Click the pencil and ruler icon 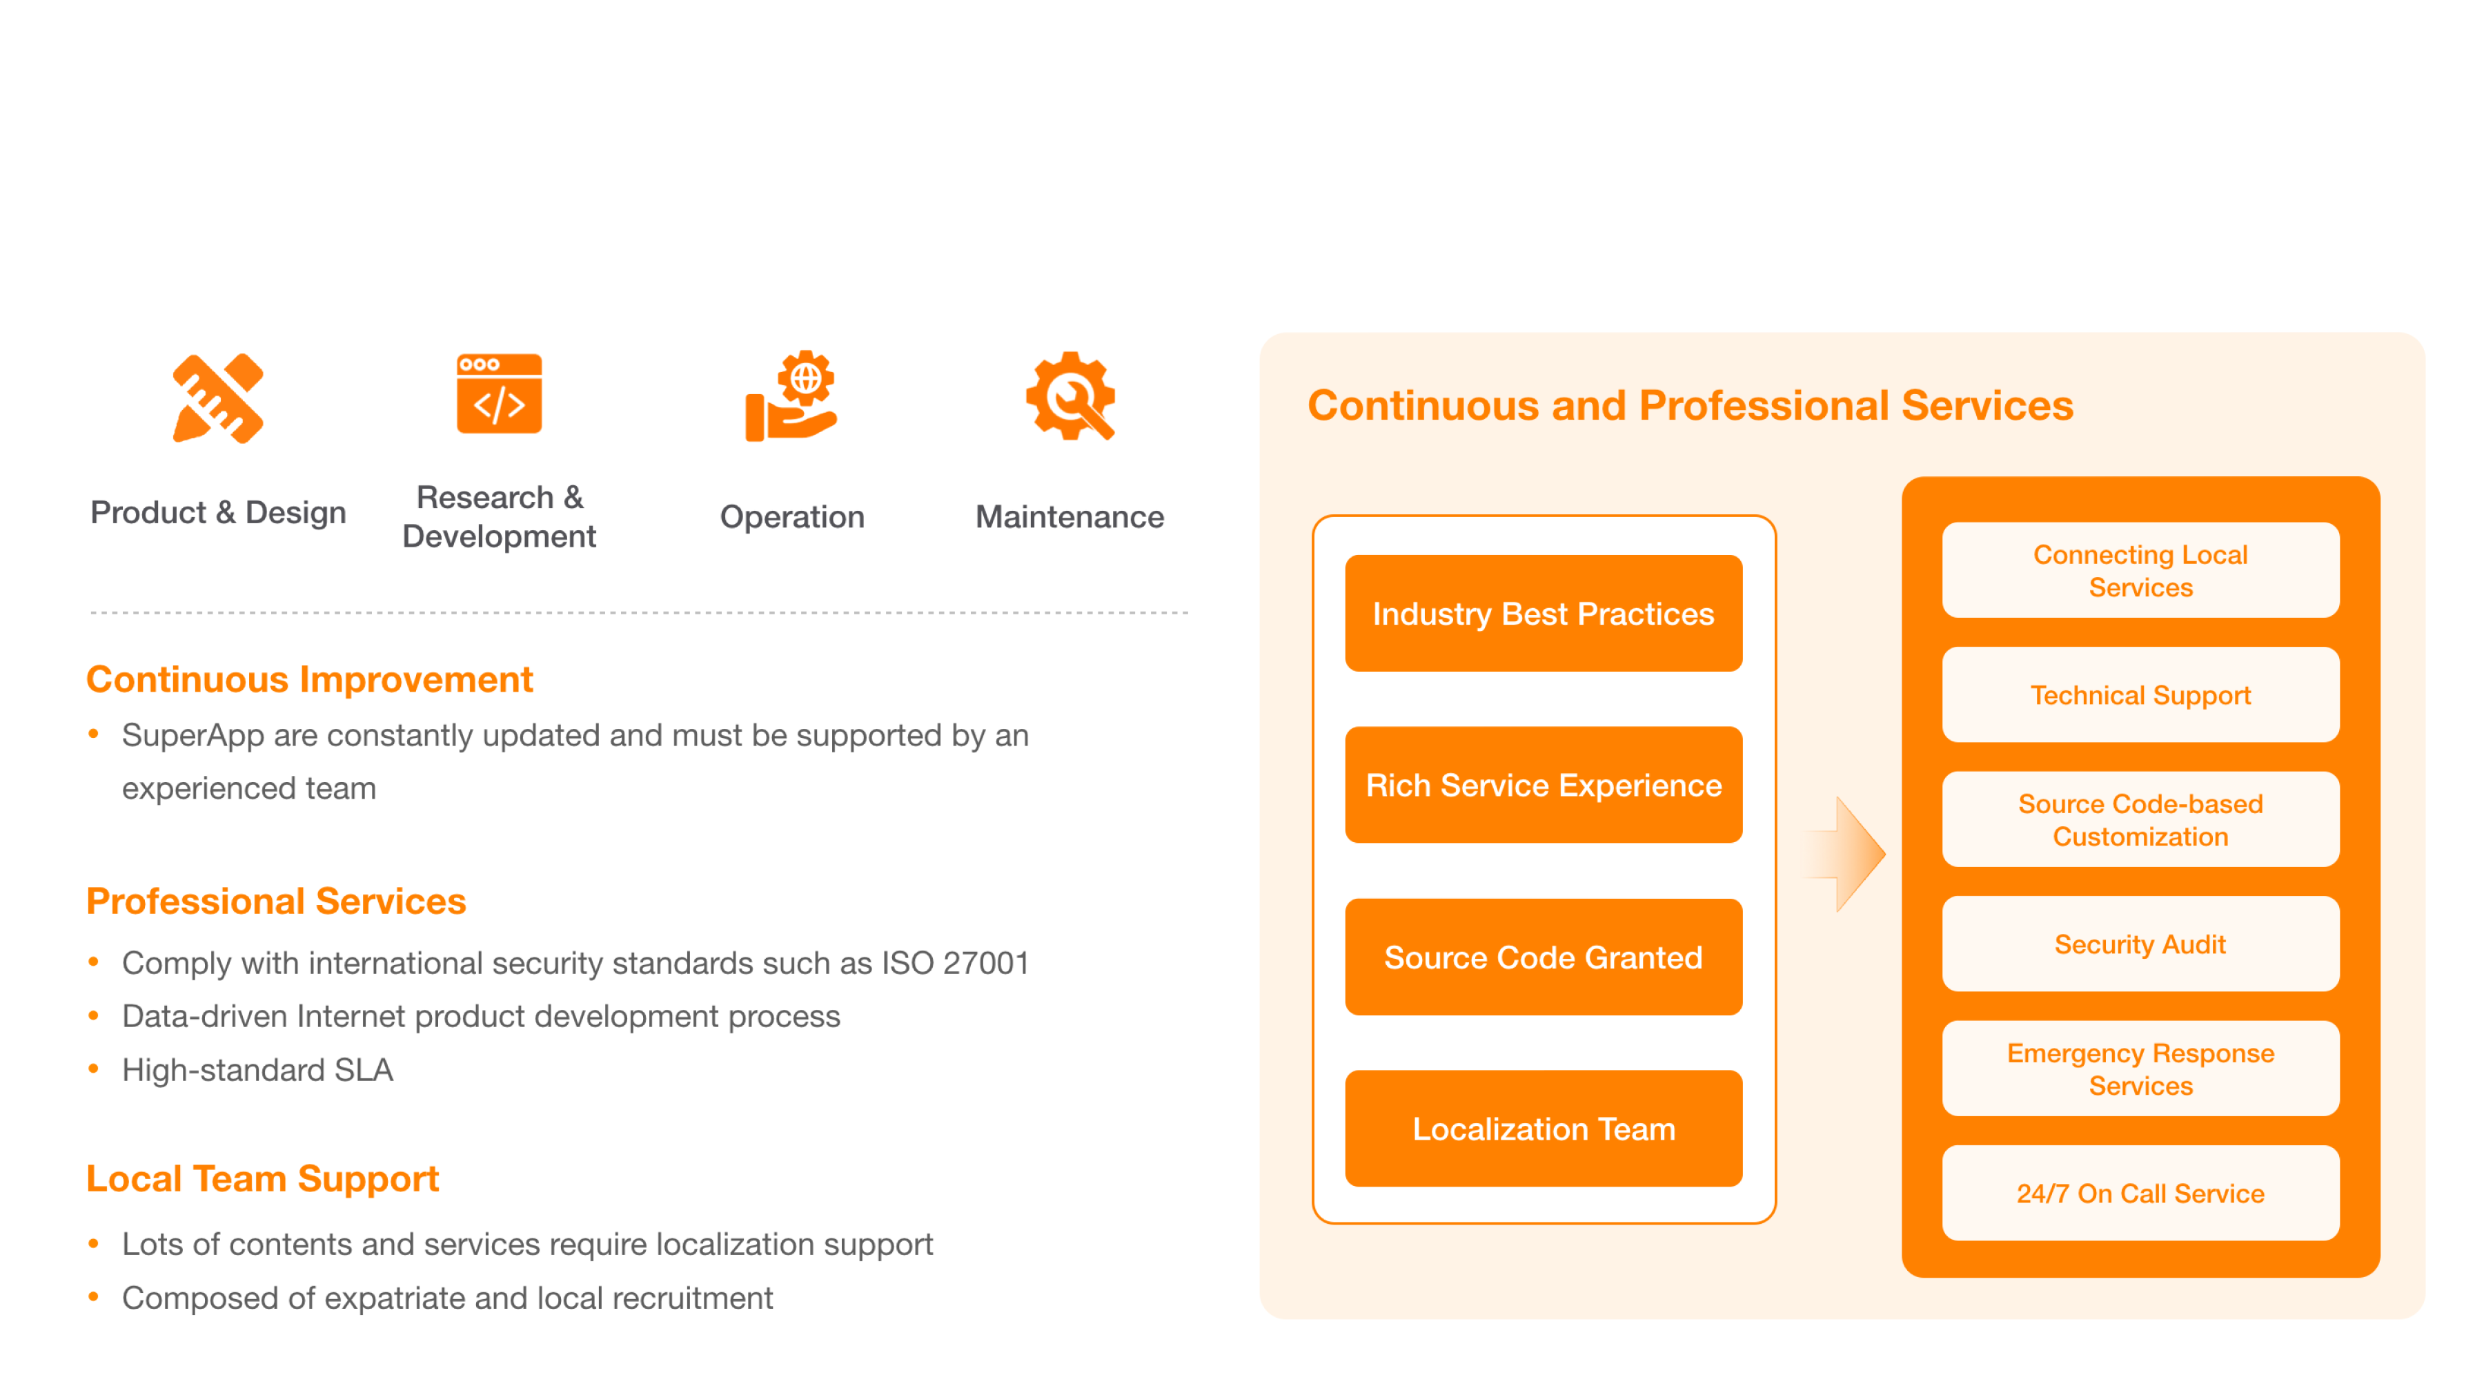tap(218, 398)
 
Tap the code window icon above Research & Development tap(500, 393)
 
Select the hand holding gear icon tap(791, 396)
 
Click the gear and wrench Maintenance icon tap(1070, 396)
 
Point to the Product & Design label tap(218, 512)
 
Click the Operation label tap(791, 517)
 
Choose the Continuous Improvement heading tap(310, 679)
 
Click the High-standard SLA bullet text tap(257, 1070)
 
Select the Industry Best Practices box tap(1543, 614)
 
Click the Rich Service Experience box tap(1543, 786)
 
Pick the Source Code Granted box tap(1543, 957)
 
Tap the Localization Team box tap(1543, 1129)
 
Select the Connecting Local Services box tap(2140, 570)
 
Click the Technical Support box tap(2140, 694)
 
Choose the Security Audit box tap(2140, 944)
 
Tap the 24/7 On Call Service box tap(2140, 1194)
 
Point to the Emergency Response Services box tap(2140, 1069)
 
